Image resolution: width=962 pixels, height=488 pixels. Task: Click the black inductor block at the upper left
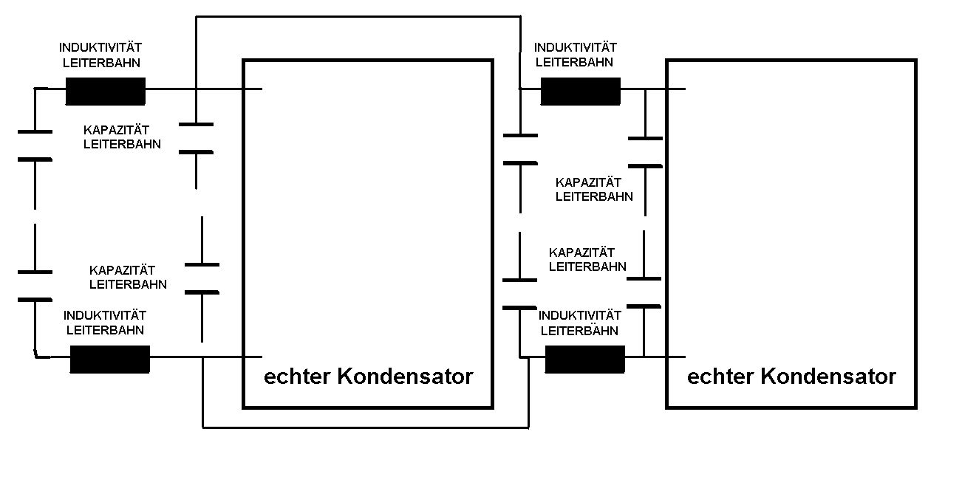[x=106, y=91]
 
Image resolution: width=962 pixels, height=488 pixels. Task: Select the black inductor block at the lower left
[x=109, y=359]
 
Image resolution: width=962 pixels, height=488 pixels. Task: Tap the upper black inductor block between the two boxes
[x=581, y=91]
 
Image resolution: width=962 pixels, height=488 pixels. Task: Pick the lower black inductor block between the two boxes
[x=584, y=359]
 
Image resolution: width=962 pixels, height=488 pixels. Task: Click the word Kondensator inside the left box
[x=405, y=377]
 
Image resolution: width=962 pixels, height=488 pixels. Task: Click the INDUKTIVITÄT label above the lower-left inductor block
[x=103, y=315]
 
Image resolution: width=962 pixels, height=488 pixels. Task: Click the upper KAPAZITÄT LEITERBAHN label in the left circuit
[x=122, y=137]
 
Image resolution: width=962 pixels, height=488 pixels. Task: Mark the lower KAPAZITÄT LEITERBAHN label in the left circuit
[x=128, y=277]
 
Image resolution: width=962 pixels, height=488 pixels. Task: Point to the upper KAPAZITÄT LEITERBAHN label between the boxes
[x=594, y=189]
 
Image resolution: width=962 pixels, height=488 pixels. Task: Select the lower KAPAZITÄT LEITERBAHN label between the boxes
[x=587, y=259]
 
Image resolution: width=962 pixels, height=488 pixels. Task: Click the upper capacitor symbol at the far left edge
[x=35, y=145]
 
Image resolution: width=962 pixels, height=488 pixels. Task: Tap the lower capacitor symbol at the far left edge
[x=35, y=286]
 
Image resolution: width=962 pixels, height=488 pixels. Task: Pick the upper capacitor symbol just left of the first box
[x=196, y=138]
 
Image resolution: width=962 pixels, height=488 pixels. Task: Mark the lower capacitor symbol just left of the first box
[x=202, y=278]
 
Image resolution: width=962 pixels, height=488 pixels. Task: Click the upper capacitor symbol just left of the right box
[x=644, y=152]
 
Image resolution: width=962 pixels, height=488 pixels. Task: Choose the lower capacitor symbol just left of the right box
[x=644, y=292]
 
